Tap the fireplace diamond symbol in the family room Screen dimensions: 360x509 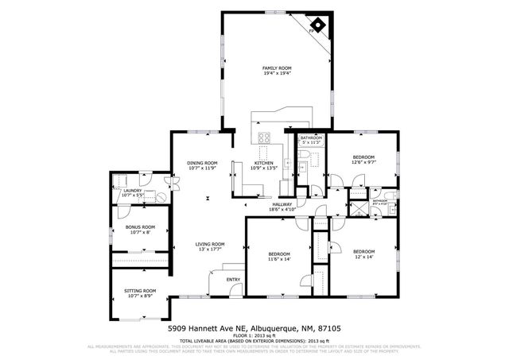click(317, 25)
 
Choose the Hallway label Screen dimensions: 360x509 click(282, 206)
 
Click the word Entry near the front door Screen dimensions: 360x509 click(233, 279)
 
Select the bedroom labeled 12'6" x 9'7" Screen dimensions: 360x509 click(363, 159)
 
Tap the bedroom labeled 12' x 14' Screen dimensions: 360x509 click(363, 254)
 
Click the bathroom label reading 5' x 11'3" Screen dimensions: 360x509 click(311, 141)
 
